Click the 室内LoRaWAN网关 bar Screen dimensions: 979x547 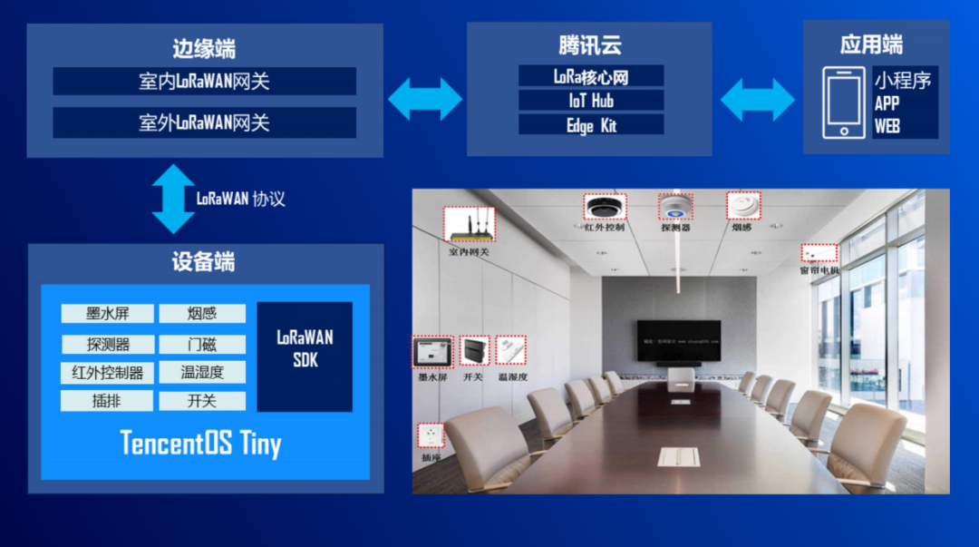click(x=204, y=82)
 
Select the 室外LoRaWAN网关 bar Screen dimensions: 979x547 click(x=204, y=122)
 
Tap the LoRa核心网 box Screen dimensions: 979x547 click(x=591, y=76)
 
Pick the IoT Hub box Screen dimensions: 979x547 click(x=591, y=101)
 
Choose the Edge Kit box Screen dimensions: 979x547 click(x=591, y=125)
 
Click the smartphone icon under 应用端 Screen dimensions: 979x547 click(x=843, y=102)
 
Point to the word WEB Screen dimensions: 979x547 click(x=887, y=127)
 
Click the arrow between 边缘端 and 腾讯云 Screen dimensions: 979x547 click(x=425, y=99)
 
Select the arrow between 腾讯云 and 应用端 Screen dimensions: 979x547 click(x=757, y=99)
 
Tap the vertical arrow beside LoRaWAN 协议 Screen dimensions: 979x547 click(x=173, y=199)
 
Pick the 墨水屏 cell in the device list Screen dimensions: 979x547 click(x=107, y=314)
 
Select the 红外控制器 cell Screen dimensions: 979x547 click(x=107, y=373)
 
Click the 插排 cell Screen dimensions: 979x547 click(x=107, y=401)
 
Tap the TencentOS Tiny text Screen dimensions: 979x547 click(x=201, y=444)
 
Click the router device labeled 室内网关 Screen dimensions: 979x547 click(x=470, y=223)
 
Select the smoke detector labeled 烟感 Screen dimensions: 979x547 click(x=742, y=205)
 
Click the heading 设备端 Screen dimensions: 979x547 click(x=204, y=262)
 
